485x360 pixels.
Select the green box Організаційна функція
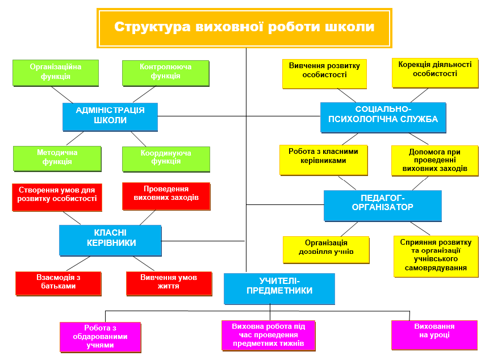pyautogui.click(x=56, y=73)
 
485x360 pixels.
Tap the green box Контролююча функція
pyautogui.click(x=166, y=73)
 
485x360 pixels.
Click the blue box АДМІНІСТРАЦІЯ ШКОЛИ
pyautogui.click(x=110, y=117)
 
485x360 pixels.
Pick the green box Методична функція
pyautogui.click(x=57, y=158)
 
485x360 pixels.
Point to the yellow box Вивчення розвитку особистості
pyautogui.click(x=324, y=74)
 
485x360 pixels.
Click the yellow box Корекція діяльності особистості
pyautogui.click(x=435, y=73)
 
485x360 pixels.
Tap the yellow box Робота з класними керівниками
pyautogui.click(x=324, y=161)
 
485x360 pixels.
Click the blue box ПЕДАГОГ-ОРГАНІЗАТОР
pyautogui.click(x=383, y=206)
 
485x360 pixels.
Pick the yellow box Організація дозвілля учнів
pyautogui.click(x=327, y=250)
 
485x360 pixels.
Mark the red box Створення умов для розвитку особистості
pyautogui.click(x=57, y=198)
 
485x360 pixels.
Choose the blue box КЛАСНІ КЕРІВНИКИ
pyautogui.click(x=110, y=241)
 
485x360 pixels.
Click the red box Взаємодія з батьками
pyautogui.click(x=58, y=284)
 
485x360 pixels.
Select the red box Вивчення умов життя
pyautogui.click(x=169, y=284)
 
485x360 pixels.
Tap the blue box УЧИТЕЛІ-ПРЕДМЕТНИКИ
pyautogui.click(x=279, y=289)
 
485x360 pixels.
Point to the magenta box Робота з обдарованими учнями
pyautogui.click(x=101, y=337)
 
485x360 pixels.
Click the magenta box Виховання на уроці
pyautogui.click(x=434, y=335)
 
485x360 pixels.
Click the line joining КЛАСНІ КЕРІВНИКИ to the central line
pyautogui.click(x=203, y=241)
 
